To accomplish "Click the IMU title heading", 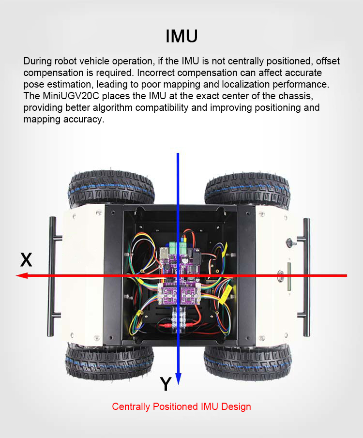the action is (x=181, y=36).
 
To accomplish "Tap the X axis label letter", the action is (x=26, y=260).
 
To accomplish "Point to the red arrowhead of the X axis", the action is (x=21, y=276).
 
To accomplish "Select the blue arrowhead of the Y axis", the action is (x=178, y=379).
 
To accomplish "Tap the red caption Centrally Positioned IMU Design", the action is (x=181, y=407).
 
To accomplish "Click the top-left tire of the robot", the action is (x=111, y=188).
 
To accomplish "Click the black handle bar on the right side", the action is (x=305, y=277).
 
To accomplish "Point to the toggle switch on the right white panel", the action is (x=290, y=242).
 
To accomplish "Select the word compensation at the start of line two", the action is (x=53, y=73).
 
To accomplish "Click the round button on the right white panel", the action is (x=280, y=275).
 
